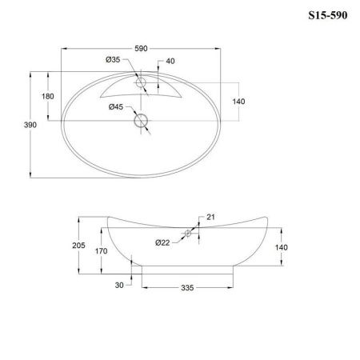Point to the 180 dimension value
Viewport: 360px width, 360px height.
click(x=48, y=97)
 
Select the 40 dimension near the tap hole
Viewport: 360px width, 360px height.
click(x=170, y=62)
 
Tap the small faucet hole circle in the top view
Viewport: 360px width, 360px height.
click(x=141, y=82)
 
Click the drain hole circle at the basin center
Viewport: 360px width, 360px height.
click(x=142, y=121)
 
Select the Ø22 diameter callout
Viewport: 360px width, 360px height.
click(x=162, y=242)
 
